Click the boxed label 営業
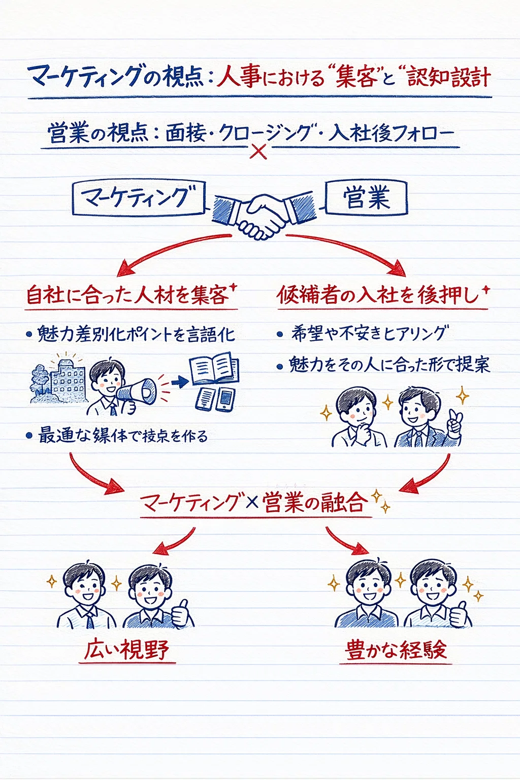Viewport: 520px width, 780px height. (x=366, y=198)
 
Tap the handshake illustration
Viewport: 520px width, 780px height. (x=265, y=216)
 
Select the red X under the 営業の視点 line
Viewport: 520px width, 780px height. (x=258, y=151)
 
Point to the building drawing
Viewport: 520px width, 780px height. (x=59, y=379)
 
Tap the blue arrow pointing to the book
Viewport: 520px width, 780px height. (x=180, y=382)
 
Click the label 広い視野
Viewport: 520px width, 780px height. (x=127, y=650)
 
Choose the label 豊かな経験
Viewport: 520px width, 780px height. (x=396, y=650)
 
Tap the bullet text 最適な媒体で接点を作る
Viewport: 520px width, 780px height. (x=122, y=436)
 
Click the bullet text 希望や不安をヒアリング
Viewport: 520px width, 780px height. (x=369, y=334)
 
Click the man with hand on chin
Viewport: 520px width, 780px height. (x=359, y=418)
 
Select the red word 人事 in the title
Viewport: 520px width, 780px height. (x=238, y=77)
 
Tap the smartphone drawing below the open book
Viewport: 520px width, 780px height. (x=225, y=399)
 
